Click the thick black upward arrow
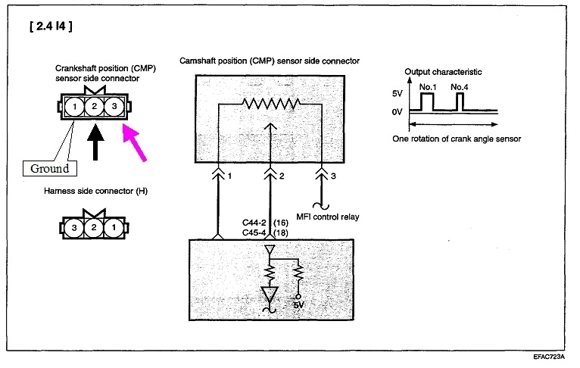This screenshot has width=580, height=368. pyautogui.click(x=95, y=143)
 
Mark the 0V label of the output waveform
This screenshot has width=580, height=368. pyautogui.click(x=397, y=111)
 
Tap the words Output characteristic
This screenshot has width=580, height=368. pyautogui.click(x=443, y=72)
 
